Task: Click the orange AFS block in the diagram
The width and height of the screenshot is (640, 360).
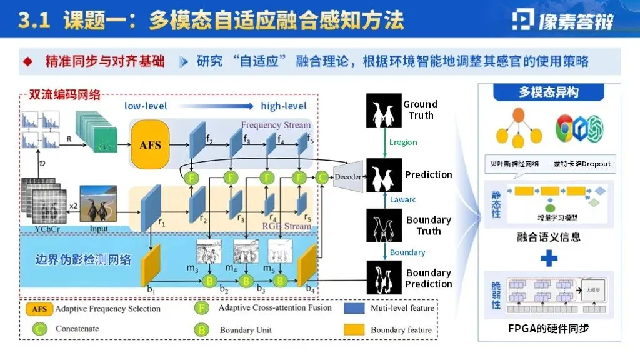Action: pos(150,145)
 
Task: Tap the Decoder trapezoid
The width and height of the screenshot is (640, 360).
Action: pos(348,176)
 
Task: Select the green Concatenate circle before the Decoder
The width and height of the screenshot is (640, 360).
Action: pos(322,177)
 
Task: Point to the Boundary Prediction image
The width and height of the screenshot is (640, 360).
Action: pos(383,279)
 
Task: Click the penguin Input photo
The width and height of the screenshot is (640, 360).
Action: pos(98,203)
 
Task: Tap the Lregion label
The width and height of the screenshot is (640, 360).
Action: pos(403,142)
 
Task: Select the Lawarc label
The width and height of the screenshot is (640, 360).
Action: pos(403,199)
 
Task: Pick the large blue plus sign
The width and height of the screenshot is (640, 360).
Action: pos(549,257)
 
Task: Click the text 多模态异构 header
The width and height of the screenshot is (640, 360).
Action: pos(549,92)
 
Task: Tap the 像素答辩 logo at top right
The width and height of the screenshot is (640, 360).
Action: pos(562,20)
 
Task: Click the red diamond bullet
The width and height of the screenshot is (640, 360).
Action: pos(27,62)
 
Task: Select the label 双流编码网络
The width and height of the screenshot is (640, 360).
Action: pos(64,95)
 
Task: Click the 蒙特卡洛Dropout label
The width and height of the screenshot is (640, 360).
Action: pos(581,164)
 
